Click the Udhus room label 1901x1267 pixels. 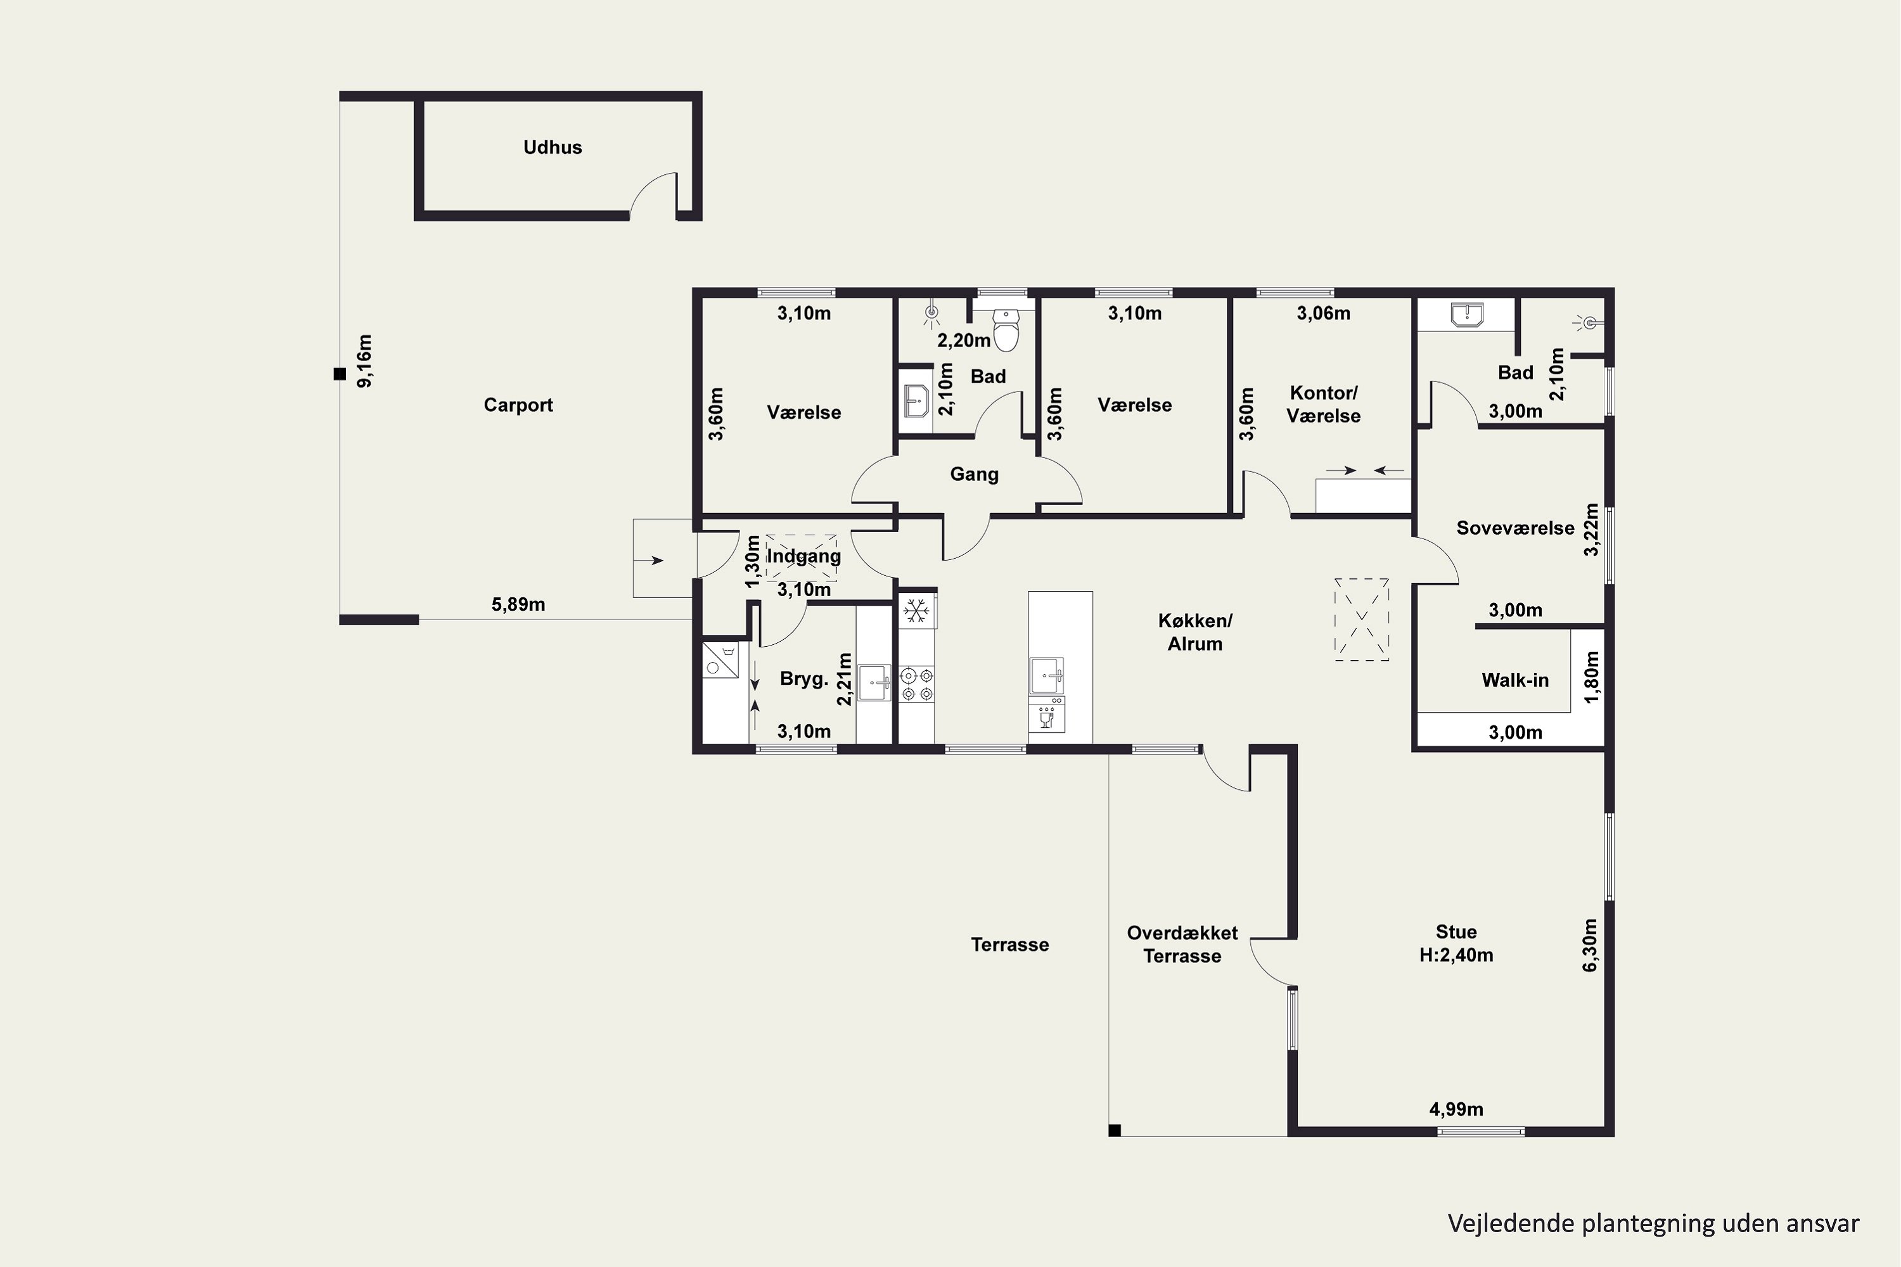(552, 147)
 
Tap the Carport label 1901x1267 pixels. (518, 405)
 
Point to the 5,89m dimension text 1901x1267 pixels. (518, 604)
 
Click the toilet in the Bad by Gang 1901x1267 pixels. (1006, 331)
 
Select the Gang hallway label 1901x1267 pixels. (974, 474)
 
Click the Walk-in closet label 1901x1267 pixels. (1514, 680)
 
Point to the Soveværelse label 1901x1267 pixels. (1514, 528)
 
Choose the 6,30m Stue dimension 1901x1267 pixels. (1589, 945)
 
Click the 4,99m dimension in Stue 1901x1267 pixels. (1456, 1109)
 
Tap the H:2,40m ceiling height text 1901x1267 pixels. (1456, 955)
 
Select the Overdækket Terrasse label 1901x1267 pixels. (1182, 945)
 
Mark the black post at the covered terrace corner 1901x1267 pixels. (1115, 1130)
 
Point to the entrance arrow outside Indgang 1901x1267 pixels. (655, 560)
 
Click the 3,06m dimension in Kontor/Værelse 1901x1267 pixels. (1323, 314)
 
